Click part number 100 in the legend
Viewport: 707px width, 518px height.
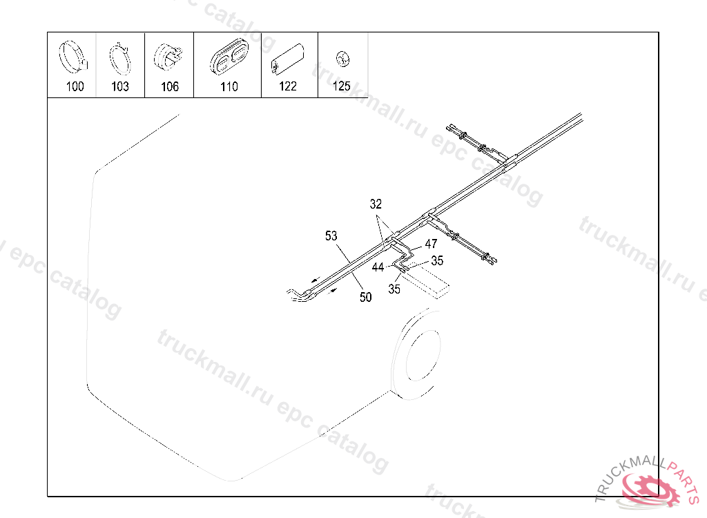click(75, 86)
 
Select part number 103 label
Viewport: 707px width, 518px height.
click(120, 86)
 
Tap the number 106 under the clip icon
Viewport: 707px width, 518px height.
click(170, 86)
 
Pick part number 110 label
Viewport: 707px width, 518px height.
click(229, 86)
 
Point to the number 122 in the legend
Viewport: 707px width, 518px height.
click(288, 86)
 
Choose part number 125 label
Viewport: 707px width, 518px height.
click(341, 86)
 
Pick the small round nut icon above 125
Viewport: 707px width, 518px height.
click(343, 59)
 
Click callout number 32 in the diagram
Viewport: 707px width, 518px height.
click(376, 204)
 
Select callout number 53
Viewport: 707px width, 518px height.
click(331, 236)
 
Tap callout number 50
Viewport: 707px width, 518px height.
click(366, 297)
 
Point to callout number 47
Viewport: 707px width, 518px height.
click(431, 244)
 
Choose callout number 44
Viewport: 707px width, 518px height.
click(378, 267)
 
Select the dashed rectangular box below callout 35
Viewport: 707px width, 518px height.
click(426, 282)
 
